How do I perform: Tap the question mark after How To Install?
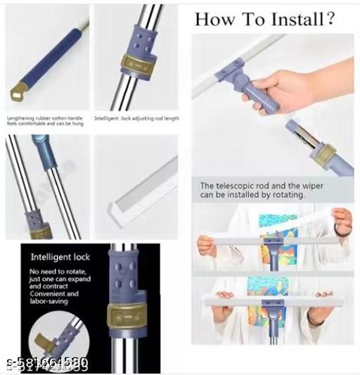tap(328, 19)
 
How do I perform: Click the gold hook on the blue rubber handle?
tap(18, 90)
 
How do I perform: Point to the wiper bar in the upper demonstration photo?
tap(274, 240)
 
